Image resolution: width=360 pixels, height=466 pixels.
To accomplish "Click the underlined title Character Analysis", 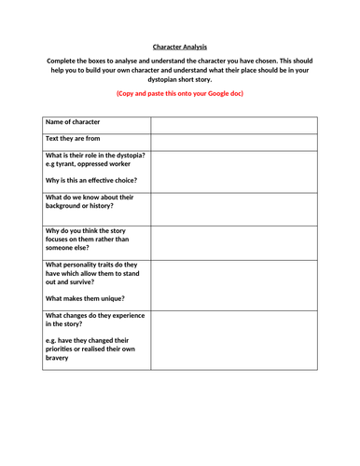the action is [180, 45].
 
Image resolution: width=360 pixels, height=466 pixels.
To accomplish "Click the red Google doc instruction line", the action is [179, 94].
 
